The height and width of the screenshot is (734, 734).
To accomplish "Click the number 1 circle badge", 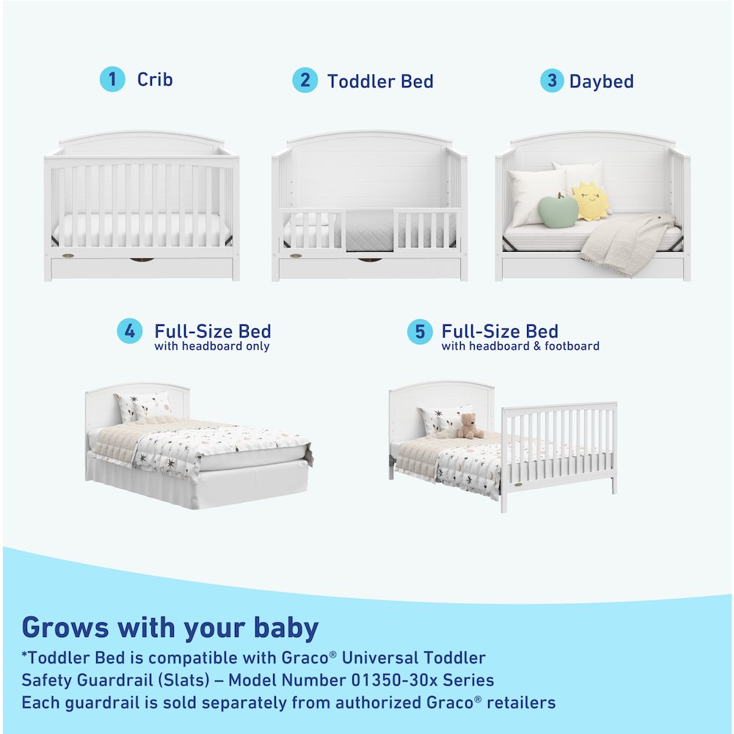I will point(112,79).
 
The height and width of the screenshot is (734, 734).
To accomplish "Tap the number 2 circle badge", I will point(305,80).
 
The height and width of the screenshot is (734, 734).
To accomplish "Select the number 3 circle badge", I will point(551,80).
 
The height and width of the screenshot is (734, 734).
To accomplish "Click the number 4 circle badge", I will point(130,331).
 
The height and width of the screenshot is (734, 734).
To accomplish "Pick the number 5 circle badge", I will point(419,332).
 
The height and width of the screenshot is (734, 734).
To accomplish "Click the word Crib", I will point(155,79).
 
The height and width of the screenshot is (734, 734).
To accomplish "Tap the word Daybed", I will point(601,81).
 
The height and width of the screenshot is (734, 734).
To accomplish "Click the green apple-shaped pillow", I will point(556,211).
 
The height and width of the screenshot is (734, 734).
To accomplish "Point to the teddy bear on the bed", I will point(468,426).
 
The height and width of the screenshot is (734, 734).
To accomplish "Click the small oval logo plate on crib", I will point(68,256).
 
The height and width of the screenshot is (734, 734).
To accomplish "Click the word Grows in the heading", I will point(65,628).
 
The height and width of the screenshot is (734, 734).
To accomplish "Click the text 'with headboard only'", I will point(211,346).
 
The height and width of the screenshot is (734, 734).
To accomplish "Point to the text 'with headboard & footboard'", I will point(520,346).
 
